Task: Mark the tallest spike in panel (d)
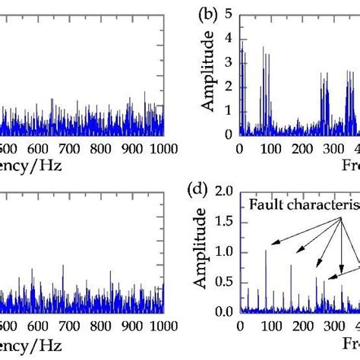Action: pos(266,251)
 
